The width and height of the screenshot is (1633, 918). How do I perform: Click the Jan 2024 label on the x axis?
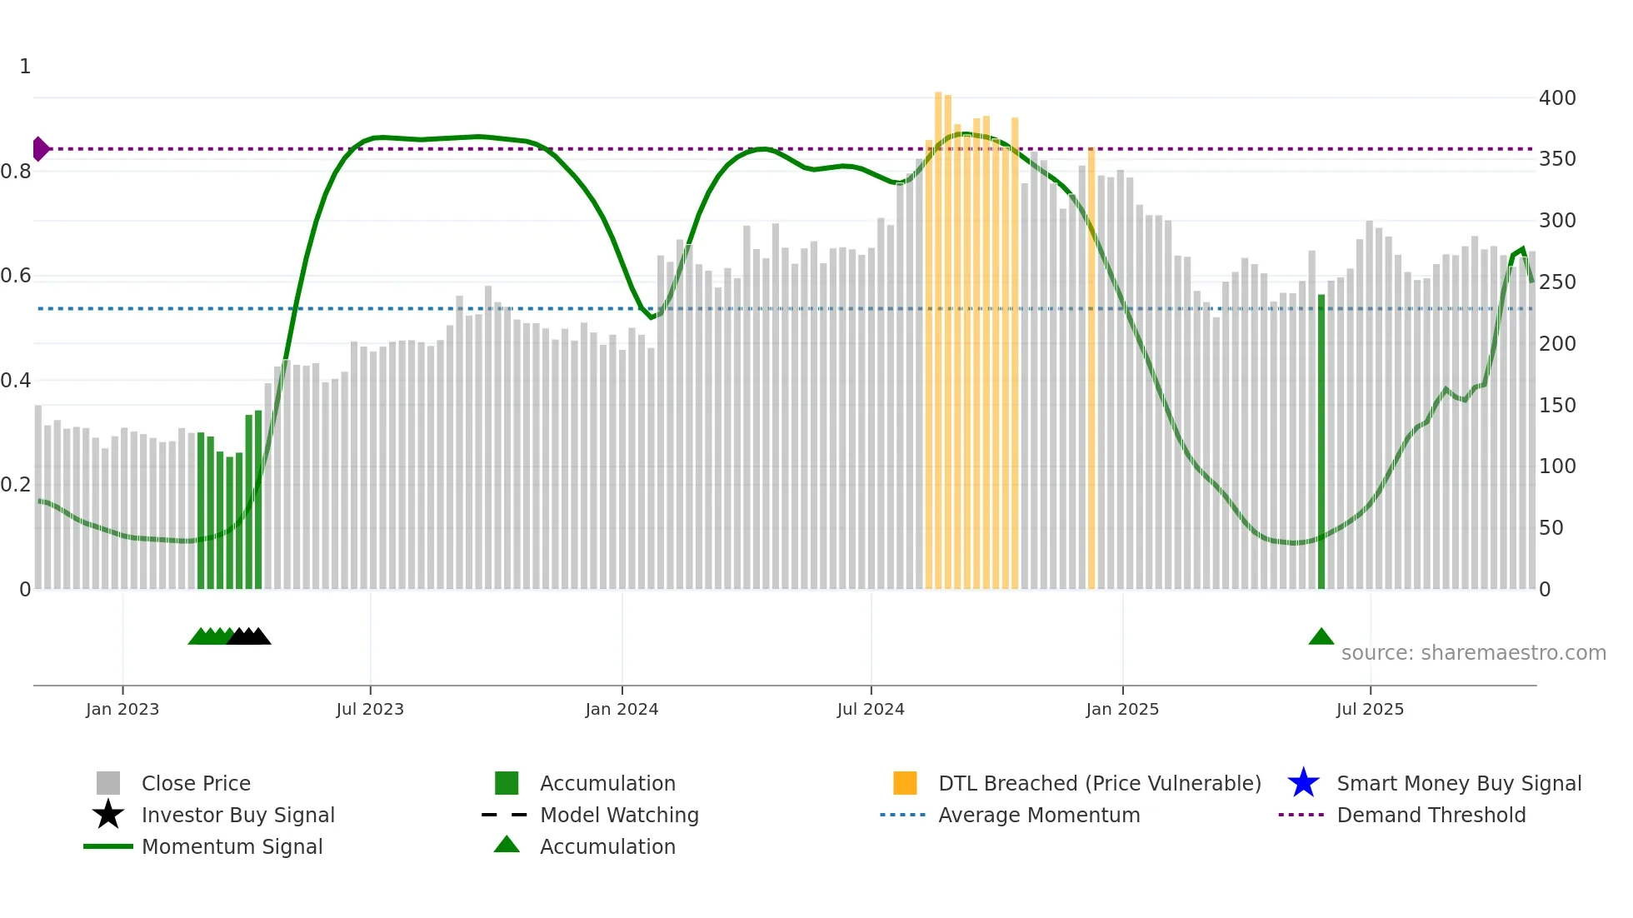point(622,709)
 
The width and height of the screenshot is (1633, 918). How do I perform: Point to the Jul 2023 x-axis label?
point(370,709)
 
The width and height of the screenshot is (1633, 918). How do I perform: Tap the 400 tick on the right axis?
point(1556,97)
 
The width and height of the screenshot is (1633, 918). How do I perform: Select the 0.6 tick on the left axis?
point(16,276)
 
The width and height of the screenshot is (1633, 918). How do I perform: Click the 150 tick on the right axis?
point(1556,405)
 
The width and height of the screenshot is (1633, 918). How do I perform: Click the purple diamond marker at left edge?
point(40,149)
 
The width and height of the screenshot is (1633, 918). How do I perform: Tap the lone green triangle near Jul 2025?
point(1321,637)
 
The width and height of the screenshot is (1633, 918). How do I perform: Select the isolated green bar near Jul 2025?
point(1321,442)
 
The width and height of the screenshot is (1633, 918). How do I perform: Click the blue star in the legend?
point(1303,783)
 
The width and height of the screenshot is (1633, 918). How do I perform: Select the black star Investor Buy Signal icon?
point(108,815)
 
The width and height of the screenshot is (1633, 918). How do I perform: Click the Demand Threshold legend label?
point(1431,815)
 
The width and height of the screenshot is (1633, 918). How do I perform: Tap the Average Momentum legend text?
point(1039,815)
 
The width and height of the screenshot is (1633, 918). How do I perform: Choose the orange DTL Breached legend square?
point(905,783)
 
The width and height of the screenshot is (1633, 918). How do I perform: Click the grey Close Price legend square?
point(108,783)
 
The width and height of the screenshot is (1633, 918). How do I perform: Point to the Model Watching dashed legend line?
point(505,815)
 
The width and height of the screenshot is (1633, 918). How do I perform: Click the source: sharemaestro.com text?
point(1473,652)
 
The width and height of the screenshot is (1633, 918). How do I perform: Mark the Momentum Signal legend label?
point(232,846)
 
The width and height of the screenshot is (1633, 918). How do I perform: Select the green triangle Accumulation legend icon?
point(507,845)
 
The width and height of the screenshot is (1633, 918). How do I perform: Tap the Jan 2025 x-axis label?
point(1121,709)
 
